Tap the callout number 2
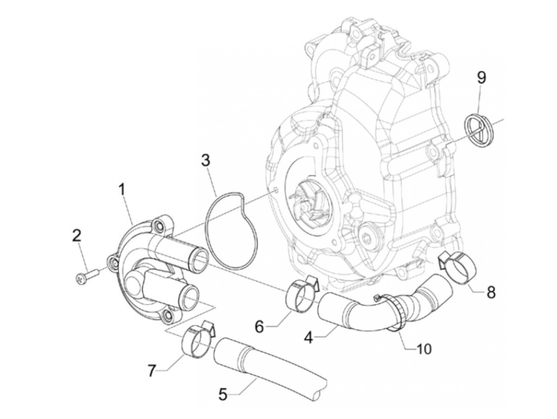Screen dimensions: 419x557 click(x=76, y=236)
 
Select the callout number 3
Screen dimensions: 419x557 click(x=205, y=161)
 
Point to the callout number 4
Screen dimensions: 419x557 click(x=308, y=337)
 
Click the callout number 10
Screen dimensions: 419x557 click(x=423, y=349)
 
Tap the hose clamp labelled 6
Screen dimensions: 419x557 click(x=302, y=292)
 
